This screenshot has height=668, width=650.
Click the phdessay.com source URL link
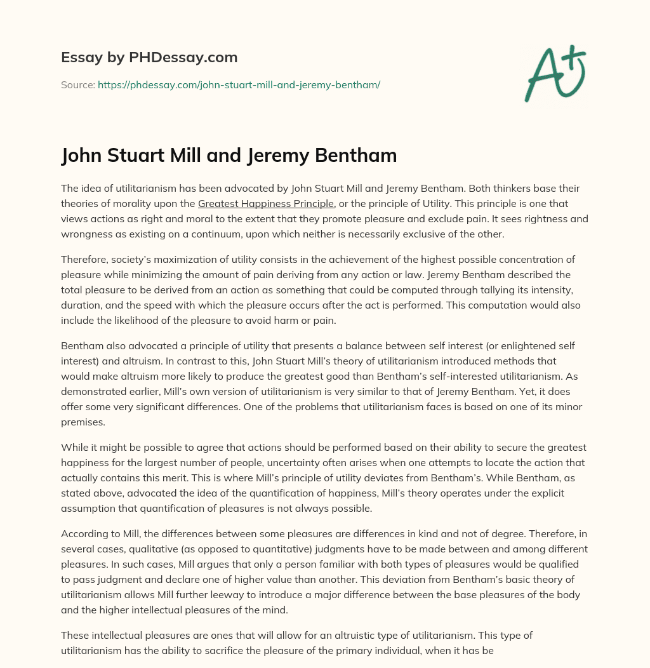click(239, 84)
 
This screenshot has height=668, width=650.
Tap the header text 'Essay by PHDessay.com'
click(149, 58)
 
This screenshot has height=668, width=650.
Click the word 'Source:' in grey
click(78, 84)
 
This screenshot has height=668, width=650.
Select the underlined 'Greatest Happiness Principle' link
click(266, 203)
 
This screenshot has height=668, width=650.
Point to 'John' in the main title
click(81, 155)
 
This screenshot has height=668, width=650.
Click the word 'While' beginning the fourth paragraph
click(74, 447)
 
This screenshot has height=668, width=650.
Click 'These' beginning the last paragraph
click(74, 635)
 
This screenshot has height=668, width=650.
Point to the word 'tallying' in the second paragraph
click(459, 290)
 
